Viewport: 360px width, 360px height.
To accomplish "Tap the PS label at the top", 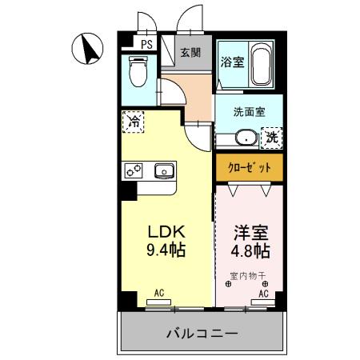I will (147, 44).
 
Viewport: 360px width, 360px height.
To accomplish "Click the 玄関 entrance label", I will (190, 54).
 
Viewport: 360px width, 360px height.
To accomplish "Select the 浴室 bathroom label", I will (232, 61).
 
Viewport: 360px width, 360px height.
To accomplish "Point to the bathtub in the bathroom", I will (260, 67).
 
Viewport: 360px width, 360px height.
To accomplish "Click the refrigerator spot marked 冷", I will (134, 124).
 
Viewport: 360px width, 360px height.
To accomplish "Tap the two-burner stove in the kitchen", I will (133, 170).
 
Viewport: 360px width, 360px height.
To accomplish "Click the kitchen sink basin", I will (165, 170).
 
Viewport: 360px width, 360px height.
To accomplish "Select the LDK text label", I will (166, 232).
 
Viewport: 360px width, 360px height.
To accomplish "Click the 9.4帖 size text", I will (166, 250).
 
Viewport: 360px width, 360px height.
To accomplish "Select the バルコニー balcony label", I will (202, 333).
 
